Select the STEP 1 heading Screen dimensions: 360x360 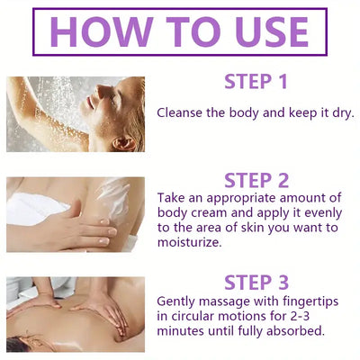click(x=256, y=82)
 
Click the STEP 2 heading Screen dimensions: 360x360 click(x=256, y=181)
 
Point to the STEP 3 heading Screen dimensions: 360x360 click(x=256, y=283)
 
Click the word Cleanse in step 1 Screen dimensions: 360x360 click(x=180, y=113)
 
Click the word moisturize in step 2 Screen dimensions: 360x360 click(x=188, y=242)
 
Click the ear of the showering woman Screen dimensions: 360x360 click(x=124, y=143)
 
